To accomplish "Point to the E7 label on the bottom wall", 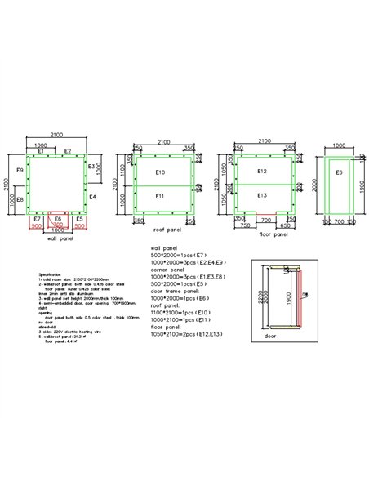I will point(37,220).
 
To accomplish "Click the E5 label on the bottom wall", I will point(79,220).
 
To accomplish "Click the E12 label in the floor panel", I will point(262,172).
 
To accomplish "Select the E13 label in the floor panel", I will point(262,196).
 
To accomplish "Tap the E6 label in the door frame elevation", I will point(338,173).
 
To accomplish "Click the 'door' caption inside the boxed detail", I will point(269,335).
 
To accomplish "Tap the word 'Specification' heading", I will point(51,274).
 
